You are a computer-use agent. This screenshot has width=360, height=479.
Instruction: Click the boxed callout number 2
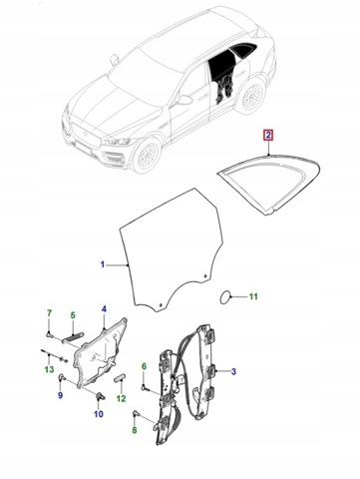(x=268, y=136)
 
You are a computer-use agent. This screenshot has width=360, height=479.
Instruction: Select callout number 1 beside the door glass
(x=103, y=264)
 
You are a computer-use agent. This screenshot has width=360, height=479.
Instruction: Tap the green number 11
(x=253, y=296)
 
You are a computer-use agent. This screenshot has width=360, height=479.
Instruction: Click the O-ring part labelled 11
(x=225, y=297)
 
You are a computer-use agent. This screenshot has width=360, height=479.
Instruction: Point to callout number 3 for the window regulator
(x=233, y=371)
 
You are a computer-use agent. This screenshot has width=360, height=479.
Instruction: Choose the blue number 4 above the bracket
(x=104, y=309)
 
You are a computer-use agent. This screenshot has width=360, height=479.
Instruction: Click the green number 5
(x=73, y=314)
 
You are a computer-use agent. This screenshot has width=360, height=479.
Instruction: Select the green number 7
(x=49, y=313)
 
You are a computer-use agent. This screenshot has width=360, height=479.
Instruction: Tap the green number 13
(x=49, y=369)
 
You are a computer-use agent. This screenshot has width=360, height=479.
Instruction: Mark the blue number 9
(x=60, y=395)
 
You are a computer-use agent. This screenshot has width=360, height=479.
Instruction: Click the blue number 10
(x=99, y=414)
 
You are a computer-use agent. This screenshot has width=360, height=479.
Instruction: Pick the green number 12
(x=122, y=398)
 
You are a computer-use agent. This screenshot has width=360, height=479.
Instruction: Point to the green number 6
(x=144, y=366)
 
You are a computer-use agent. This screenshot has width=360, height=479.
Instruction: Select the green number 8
(x=135, y=430)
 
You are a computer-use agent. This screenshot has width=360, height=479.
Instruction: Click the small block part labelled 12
(x=120, y=378)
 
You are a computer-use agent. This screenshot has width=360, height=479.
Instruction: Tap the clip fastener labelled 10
(x=100, y=395)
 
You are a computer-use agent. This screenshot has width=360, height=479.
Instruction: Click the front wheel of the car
(x=147, y=156)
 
